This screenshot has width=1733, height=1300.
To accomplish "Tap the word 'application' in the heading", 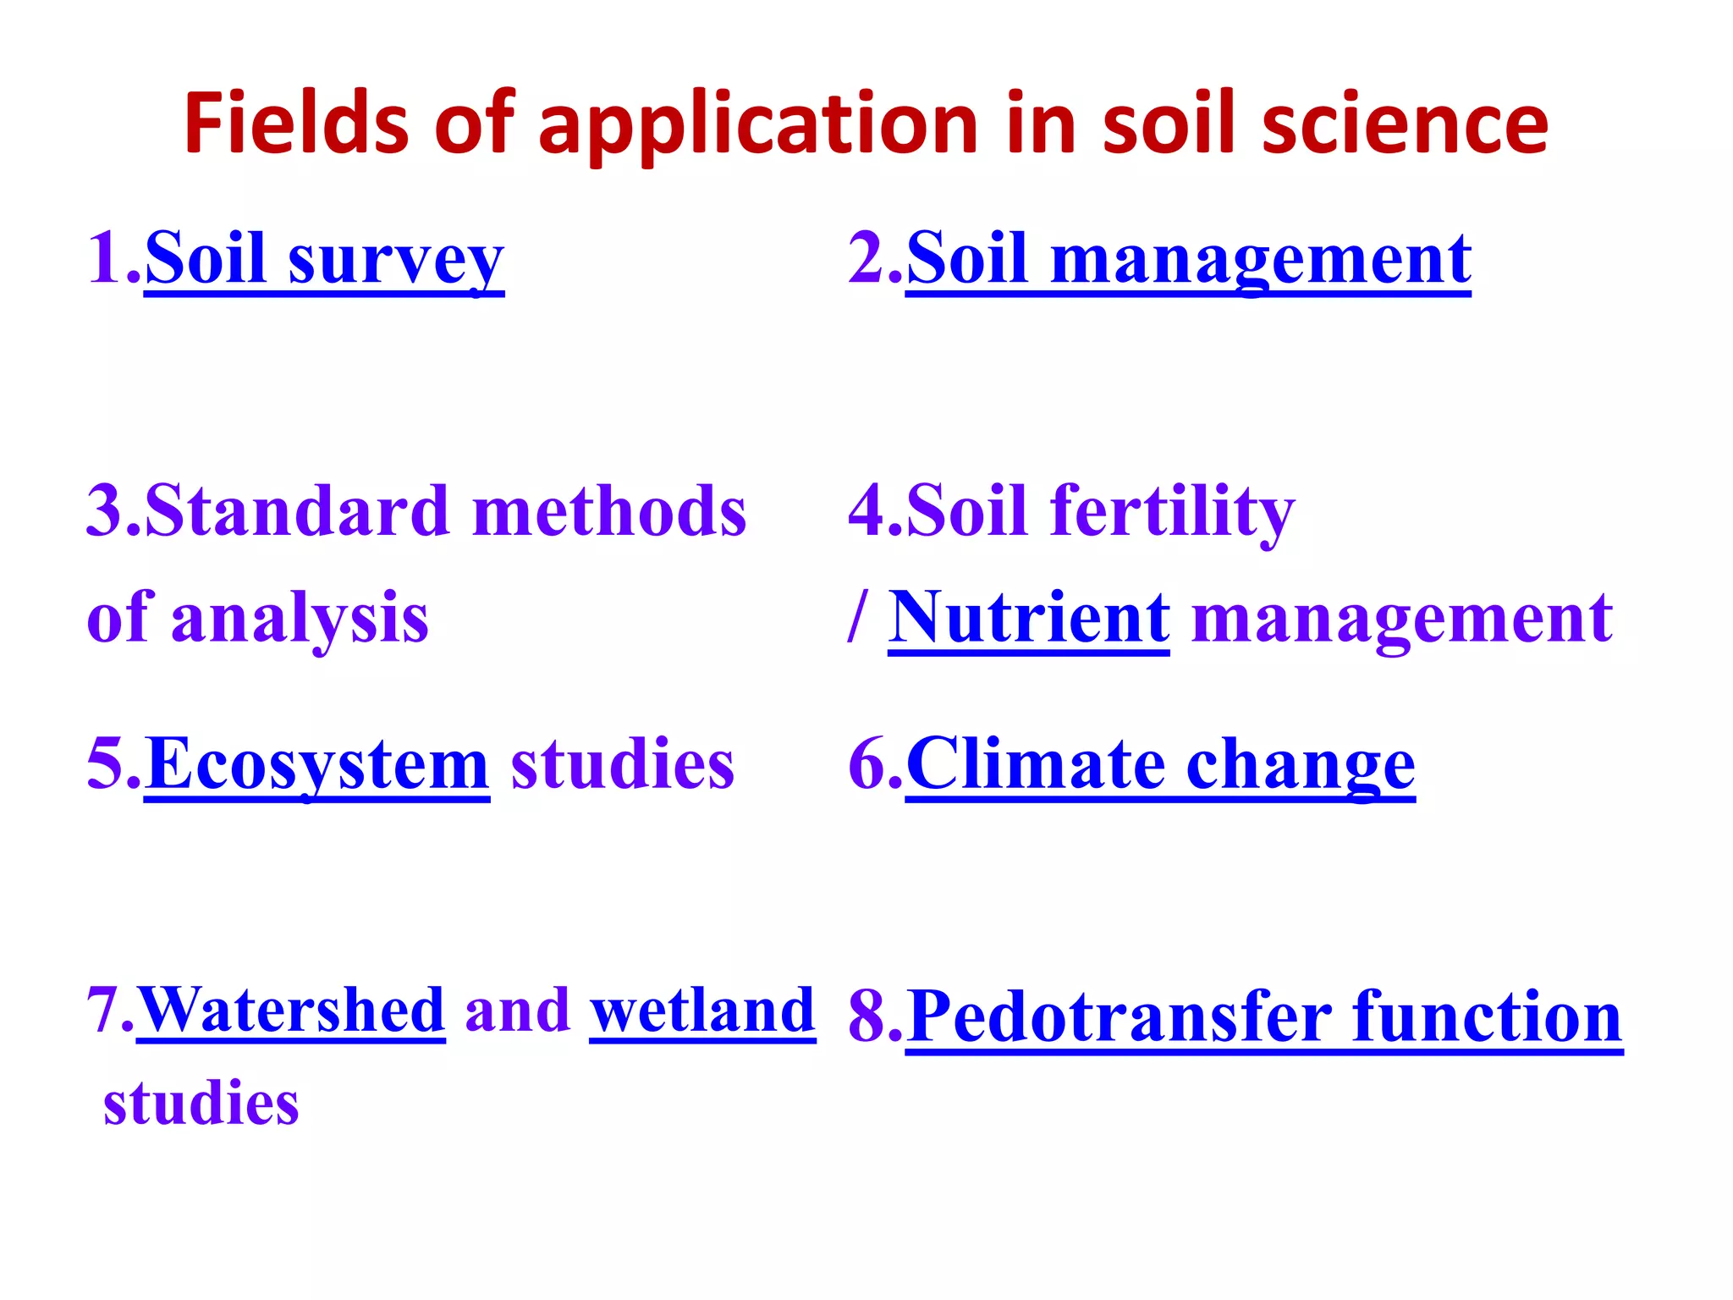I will [758, 125].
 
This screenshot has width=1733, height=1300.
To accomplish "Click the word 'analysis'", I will [300, 619].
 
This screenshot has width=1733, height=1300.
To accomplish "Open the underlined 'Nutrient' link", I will [1029, 618].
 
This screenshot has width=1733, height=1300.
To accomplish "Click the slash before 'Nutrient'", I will [857, 618].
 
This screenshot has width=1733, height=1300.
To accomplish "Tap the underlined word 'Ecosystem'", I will [316, 764].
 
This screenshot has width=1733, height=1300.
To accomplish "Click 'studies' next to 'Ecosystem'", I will [623, 764].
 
